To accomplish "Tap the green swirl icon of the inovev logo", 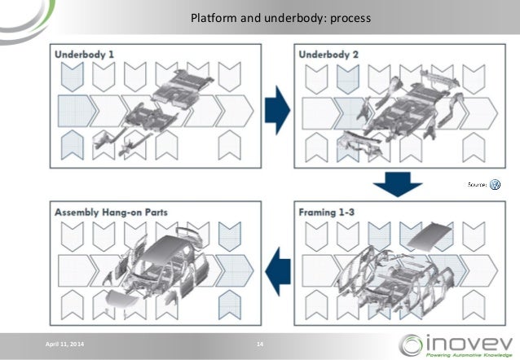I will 411,343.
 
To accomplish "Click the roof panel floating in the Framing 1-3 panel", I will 430,236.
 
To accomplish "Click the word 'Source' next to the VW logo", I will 477,187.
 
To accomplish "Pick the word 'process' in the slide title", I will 349,15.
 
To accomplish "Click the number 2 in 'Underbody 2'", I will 359,54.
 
